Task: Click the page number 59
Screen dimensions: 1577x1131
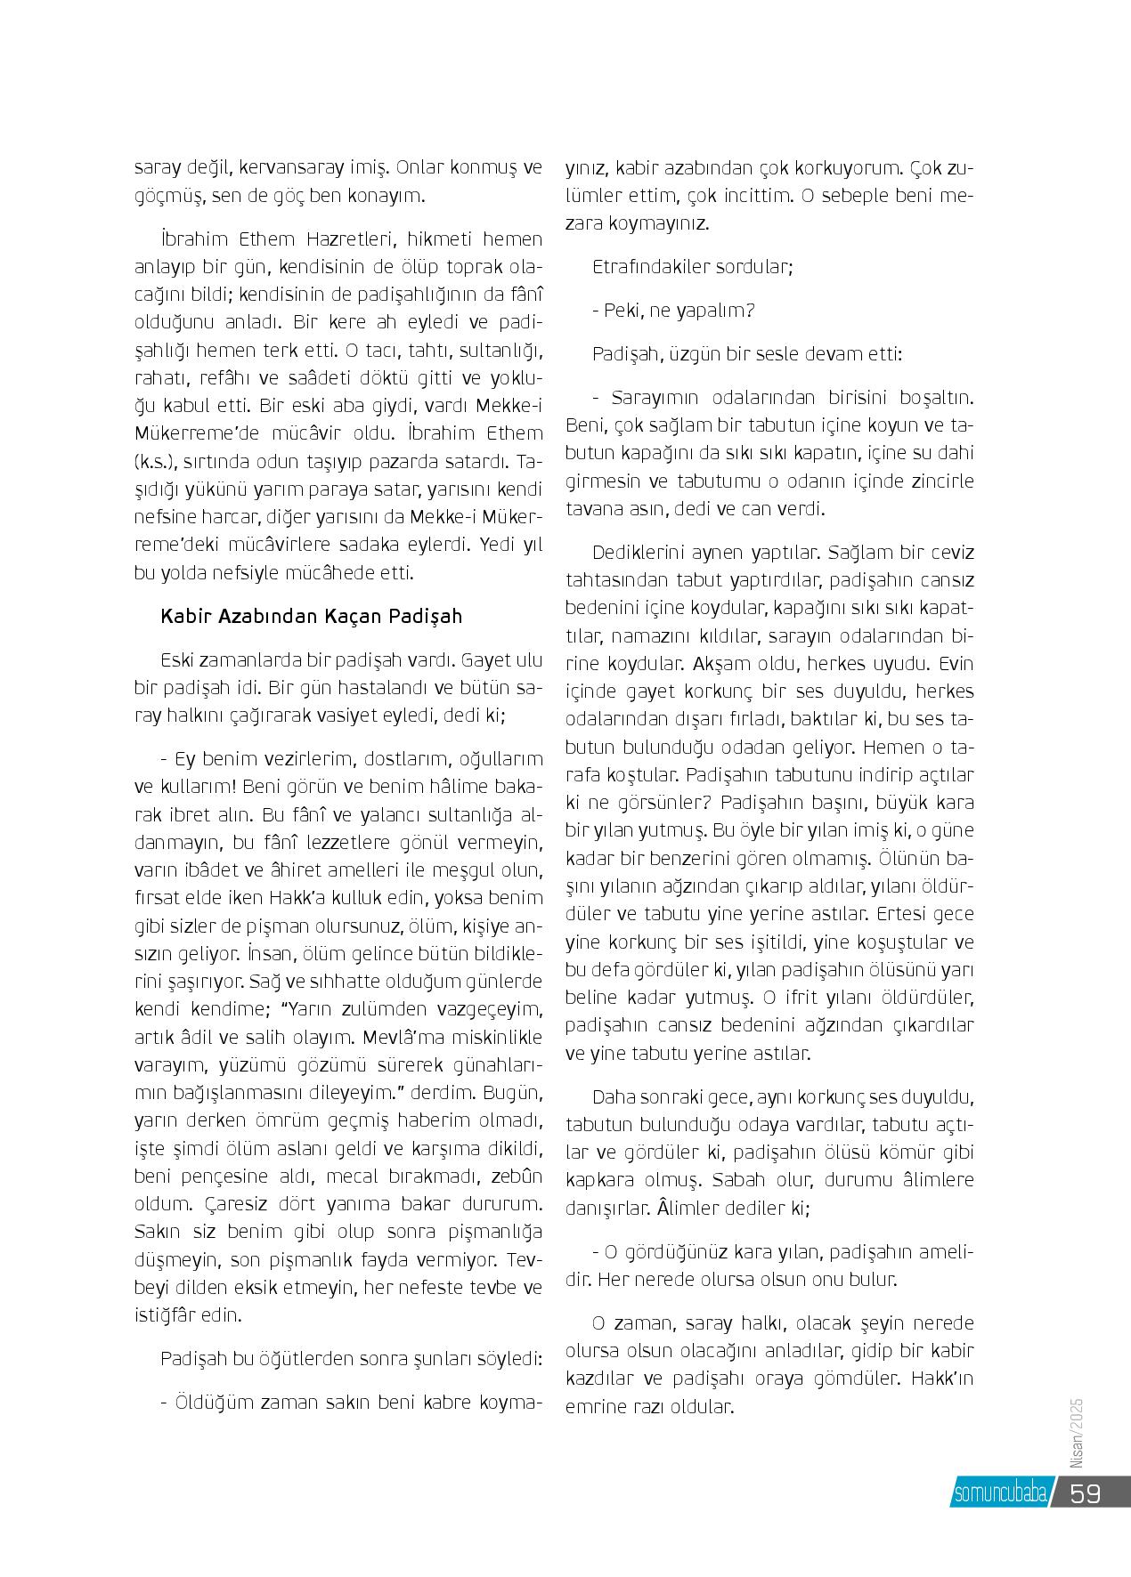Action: (x=1086, y=1492)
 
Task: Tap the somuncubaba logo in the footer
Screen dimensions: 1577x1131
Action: (x=1000, y=1493)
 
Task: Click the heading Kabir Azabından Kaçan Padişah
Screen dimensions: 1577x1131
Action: (x=312, y=616)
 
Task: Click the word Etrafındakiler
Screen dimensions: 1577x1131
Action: (x=647, y=266)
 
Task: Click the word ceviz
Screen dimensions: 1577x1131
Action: (x=950, y=552)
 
